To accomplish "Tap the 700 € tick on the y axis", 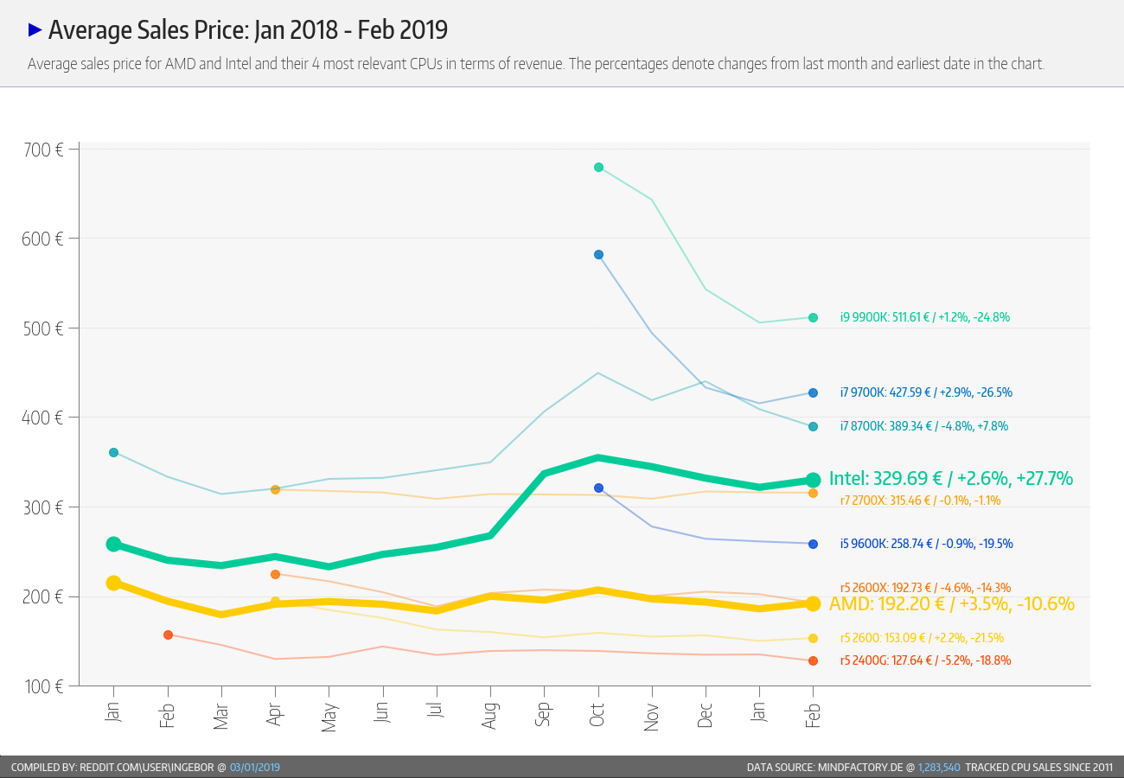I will [x=42, y=150].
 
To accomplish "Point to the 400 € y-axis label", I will [x=42, y=418].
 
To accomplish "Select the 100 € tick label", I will [x=42, y=686].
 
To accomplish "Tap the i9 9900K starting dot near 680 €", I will [x=598, y=167].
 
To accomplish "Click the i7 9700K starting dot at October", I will [x=598, y=254].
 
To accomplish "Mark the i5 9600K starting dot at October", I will [x=598, y=488].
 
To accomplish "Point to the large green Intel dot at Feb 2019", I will [x=813, y=480].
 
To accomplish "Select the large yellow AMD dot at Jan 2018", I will [x=113, y=583].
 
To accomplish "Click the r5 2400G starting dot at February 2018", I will [x=168, y=635].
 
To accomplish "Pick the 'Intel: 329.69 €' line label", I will [x=950, y=478].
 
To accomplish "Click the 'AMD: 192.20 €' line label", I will [x=951, y=603].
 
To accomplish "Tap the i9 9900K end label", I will [x=924, y=317].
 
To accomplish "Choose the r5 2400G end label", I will [x=925, y=660].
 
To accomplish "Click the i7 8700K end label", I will [x=923, y=426].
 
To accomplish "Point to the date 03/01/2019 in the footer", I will [x=255, y=767].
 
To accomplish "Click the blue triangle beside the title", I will [x=35, y=29].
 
